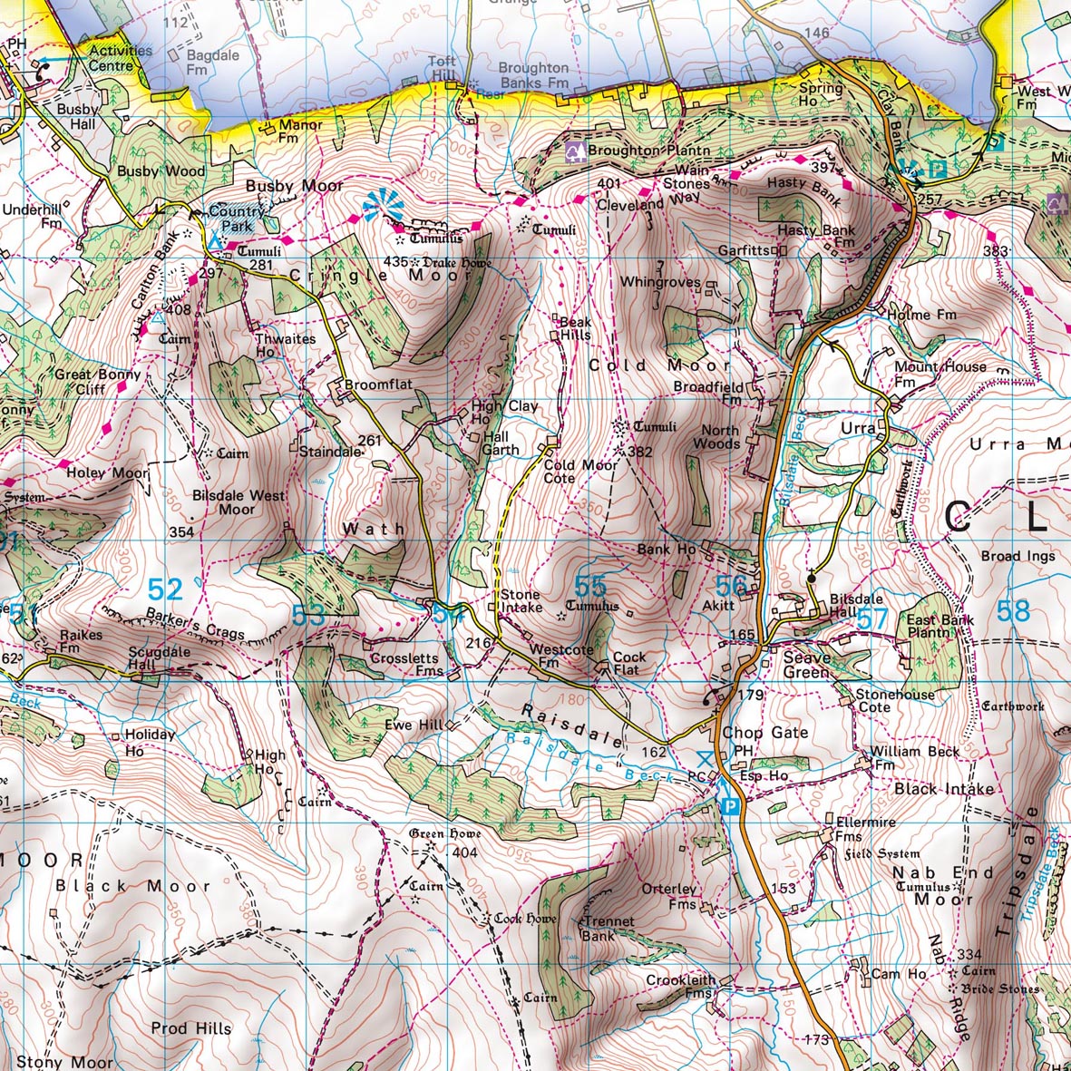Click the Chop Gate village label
(x=764, y=733)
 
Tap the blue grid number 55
(x=590, y=586)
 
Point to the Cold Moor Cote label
(x=580, y=472)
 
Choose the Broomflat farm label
(x=378, y=385)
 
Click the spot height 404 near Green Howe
(x=464, y=852)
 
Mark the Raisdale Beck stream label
(x=589, y=758)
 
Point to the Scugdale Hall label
(x=159, y=658)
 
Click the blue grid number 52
(x=165, y=590)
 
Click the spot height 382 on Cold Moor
(x=640, y=452)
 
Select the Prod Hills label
(x=191, y=1028)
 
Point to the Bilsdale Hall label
(x=857, y=605)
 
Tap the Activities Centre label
(x=121, y=58)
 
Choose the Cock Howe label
(x=525, y=919)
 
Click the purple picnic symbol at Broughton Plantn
(x=574, y=150)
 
